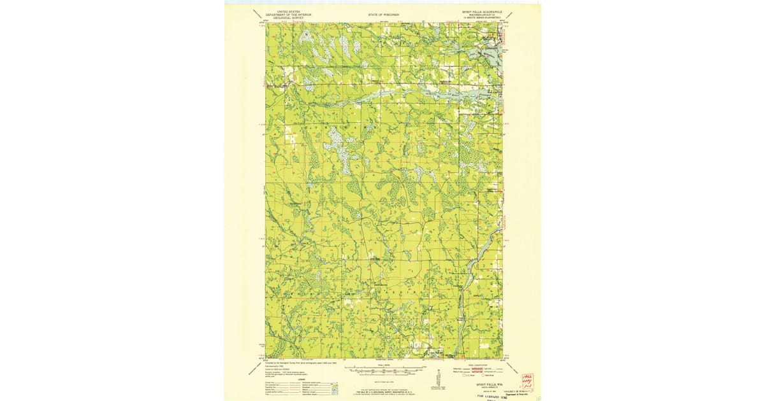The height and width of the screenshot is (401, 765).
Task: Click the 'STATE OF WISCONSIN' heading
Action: tap(383, 13)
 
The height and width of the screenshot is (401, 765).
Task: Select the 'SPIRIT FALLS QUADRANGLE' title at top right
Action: tap(483, 11)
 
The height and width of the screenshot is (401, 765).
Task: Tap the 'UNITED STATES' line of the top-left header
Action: tap(286, 11)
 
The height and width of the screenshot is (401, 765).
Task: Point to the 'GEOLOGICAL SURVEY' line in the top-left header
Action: tap(286, 18)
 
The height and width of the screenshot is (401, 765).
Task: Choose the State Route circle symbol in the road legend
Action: tap(485, 375)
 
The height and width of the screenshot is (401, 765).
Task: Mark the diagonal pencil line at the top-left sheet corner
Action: tap(258, 15)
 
